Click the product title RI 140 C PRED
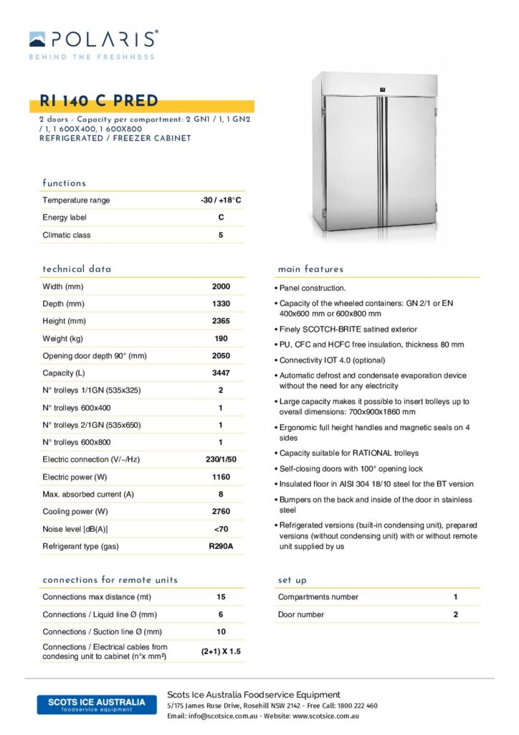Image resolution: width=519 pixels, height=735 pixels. click(x=99, y=101)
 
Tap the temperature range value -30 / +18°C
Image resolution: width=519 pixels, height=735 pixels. click(x=221, y=200)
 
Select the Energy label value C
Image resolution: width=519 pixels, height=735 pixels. click(x=221, y=217)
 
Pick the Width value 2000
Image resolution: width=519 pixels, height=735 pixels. click(x=221, y=286)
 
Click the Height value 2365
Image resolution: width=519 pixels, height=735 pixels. click(x=221, y=321)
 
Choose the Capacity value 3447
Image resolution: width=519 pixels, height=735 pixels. click(x=221, y=373)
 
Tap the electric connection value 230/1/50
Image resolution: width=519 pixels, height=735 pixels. click(x=221, y=459)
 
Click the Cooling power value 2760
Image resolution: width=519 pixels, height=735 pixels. click(x=221, y=511)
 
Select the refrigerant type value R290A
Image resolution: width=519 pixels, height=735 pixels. click(x=221, y=546)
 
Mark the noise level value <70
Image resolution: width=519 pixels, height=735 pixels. click(x=221, y=529)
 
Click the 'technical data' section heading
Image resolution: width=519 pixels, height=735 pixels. click(x=77, y=269)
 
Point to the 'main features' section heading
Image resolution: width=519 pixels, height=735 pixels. click(x=310, y=269)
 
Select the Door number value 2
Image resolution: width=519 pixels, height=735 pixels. click(x=455, y=614)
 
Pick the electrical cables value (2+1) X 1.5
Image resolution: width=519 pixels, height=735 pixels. click(x=221, y=652)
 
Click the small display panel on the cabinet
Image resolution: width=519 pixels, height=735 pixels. click(x=381, y=90)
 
